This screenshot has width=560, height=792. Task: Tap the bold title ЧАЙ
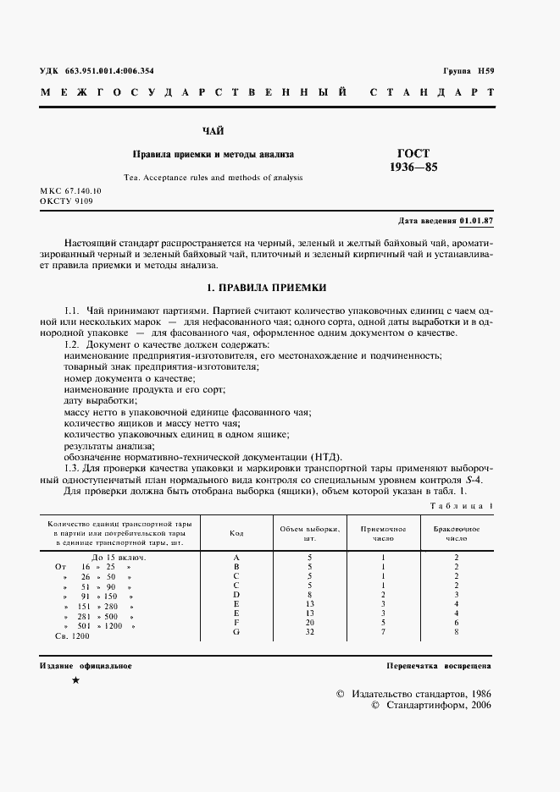coord(213,131)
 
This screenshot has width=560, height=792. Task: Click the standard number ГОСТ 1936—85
coord(413,160)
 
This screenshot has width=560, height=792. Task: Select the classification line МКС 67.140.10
coord(70,192)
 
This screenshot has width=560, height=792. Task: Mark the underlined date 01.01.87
coord(477,222)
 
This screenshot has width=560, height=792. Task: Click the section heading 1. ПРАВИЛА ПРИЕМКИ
coord(267,288)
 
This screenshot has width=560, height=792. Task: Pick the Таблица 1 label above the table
coord(463,505)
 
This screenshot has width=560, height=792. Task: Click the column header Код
coord(236,533)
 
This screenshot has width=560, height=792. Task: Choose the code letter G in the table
coord(236,631)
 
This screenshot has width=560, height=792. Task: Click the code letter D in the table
coord(236,594)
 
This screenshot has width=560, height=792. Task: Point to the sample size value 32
coord(309,631)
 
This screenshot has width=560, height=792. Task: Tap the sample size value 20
coord(309,622)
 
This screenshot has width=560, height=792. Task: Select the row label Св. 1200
coord(72,635)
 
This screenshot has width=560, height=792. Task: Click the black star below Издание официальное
coord(75,680)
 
